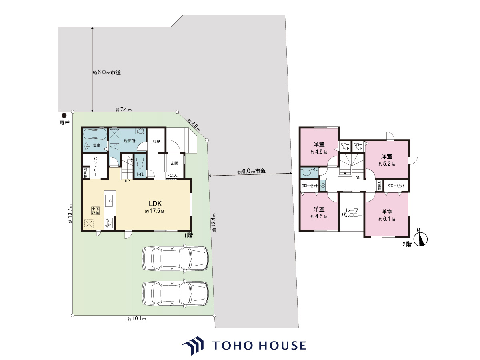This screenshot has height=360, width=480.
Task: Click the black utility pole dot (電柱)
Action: (64, 115)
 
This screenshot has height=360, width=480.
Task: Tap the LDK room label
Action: (155, 204)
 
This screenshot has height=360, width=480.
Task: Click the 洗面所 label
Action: (130, 141)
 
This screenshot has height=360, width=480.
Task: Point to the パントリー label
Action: (95, 166)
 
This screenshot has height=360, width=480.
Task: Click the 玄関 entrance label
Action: (174, 163)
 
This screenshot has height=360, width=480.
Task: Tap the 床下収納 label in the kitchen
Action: (95, 211)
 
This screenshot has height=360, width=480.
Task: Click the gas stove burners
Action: (109, 223)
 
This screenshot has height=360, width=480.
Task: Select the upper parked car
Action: (175, 259)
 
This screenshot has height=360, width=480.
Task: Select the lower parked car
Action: (175, 293)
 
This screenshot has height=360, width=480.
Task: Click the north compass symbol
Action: (421, 239)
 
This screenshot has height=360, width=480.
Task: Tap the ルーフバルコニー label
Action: (352, 213)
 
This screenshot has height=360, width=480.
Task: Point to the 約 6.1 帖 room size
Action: (387, 219)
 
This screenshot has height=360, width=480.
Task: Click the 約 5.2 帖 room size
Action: (387, 164)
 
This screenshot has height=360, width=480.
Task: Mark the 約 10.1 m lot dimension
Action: (137, 319)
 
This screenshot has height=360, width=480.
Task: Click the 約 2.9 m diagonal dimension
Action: (194, 125)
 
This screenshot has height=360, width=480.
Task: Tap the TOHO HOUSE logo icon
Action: (193, 345)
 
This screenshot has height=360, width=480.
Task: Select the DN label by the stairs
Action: (358, 178)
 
